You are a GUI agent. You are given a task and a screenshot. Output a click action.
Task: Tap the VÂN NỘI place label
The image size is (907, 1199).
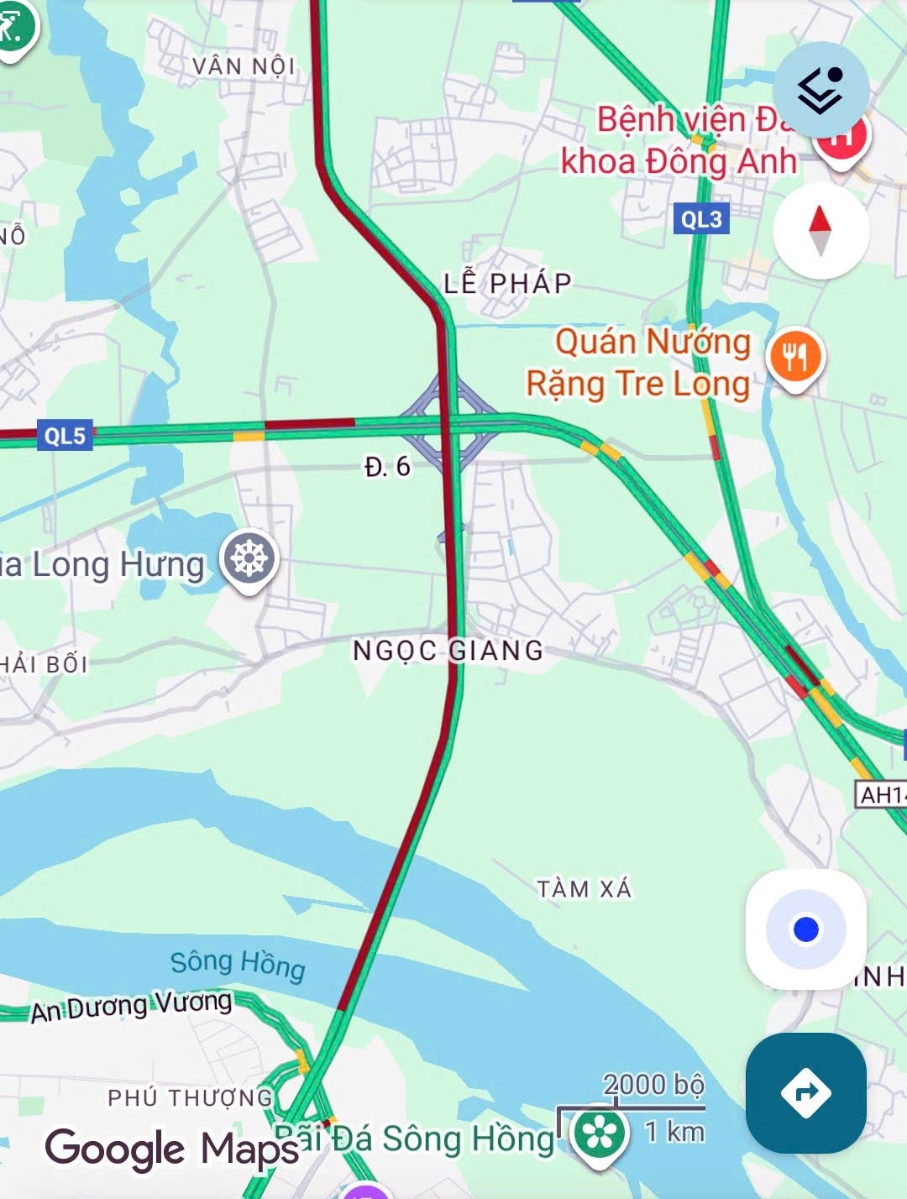coord(244,65)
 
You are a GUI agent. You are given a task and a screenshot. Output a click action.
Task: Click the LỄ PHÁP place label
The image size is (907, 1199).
coord(507,283)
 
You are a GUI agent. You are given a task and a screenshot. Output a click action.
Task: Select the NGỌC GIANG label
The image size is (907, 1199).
coord(448,650)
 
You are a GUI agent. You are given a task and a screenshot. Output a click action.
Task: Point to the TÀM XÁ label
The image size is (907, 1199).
coord(584,888)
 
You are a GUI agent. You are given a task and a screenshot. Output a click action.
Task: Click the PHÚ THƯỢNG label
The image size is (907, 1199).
coord(191,1097)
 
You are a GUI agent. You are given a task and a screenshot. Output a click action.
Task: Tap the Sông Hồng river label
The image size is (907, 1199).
coord(238,964)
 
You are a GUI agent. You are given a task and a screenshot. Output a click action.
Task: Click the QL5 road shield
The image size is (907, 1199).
coord(65,436)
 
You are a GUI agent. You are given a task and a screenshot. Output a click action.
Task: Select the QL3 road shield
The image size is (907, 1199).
coord(700,219)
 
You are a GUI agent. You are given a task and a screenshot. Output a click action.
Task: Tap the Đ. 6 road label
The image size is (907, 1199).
coord(387,467)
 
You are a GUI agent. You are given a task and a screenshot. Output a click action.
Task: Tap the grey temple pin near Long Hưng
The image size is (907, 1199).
coord(249,558)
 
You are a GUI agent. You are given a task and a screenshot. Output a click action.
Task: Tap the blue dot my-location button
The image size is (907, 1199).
coord(805,929)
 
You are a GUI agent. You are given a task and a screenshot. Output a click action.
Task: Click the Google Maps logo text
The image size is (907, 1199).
coord(172,1149)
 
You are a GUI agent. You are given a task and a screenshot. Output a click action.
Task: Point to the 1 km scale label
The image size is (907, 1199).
coord(674,1132)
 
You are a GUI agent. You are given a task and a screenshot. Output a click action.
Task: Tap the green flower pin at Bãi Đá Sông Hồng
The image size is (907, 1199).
coord(600,1134)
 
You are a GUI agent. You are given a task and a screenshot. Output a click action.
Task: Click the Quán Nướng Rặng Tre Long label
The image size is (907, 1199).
coord(639,363)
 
